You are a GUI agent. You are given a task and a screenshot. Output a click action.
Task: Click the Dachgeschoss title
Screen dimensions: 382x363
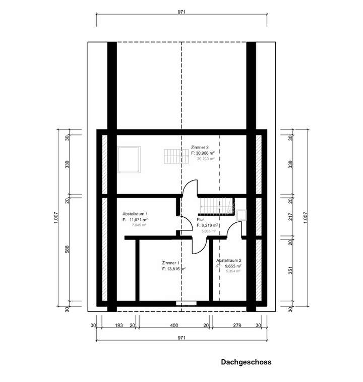pyautogui.click(x=246, y=362)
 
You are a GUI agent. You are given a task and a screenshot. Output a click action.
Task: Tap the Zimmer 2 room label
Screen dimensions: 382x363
pyautogui.click(x=200, y=147)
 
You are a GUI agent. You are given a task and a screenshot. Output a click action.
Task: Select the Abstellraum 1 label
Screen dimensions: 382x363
pyautogui.click(x=135, y=214)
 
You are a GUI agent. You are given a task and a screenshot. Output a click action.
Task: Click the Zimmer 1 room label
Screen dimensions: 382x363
pyautogui.click(x=171, y=264)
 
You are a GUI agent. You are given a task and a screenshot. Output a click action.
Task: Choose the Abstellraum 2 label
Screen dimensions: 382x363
pyautogui.click(x=229, y=261)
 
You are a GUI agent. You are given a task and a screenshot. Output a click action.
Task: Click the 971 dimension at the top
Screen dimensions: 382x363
pyautogui.click(x=182, y=11)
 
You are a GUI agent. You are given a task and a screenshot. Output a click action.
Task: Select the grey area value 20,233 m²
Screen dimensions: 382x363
pyautogui.click(x=205, y=159)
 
